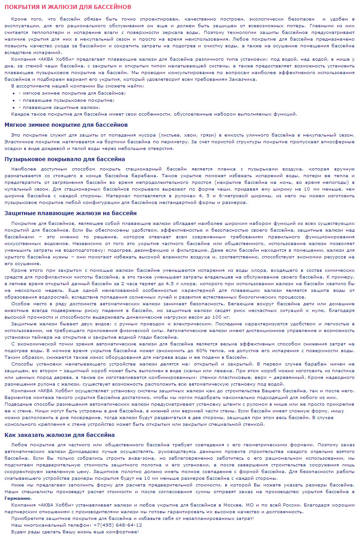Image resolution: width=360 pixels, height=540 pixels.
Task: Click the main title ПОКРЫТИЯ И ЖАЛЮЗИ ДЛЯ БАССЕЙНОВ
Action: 68,7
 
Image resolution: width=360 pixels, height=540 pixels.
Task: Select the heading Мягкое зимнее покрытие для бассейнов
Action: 66,125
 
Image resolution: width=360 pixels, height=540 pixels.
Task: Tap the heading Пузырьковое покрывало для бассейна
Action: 64,159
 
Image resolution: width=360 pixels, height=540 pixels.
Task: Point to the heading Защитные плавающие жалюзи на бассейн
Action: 71,213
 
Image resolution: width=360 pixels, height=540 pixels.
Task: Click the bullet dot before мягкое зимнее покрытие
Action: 14,93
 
